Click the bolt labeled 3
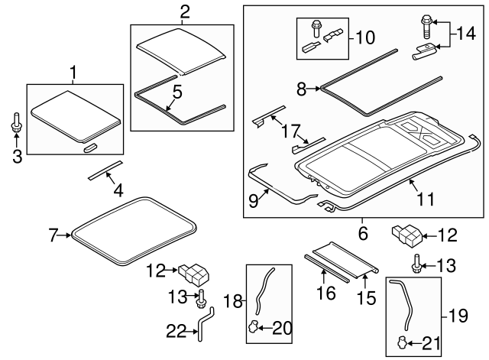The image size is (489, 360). coord(17,122)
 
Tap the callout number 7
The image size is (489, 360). coord(53,235)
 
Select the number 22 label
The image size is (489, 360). coord(176,331)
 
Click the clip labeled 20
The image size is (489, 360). coord(253,326)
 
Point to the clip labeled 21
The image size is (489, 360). coord(402,342)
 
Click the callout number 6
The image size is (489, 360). coord(363,233)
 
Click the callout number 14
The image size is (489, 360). coord(466,33)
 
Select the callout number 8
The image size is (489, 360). coord(301,89)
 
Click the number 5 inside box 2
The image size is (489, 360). coord(177,92)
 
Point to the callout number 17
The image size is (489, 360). coord(290,131)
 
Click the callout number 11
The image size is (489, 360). coord(426,199)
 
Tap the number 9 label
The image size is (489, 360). coord(254,200)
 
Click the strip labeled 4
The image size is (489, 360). coord(105,170)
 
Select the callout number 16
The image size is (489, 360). coord(326,293)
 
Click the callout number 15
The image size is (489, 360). coord(367,298)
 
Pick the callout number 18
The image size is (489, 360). coord(233,301)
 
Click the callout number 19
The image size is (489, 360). coord(458,316)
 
